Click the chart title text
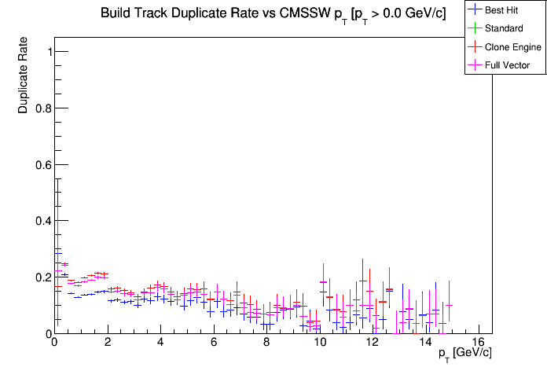(273, 13)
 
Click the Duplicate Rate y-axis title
(24, 75)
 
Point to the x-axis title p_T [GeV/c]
(464, 353)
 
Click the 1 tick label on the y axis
(47, 52)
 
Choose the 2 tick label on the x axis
(107, 343)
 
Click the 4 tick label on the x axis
(160, 343)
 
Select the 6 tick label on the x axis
(214, 343)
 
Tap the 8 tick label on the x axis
(267, 343)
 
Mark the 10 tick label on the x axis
(320, 343)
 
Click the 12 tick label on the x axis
(373, 343)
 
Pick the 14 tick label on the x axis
(427, 343)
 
